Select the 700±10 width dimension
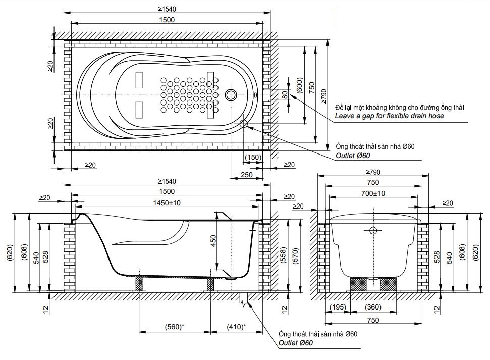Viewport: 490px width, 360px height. click(x=373, y=193)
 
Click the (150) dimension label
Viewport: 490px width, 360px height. click(x=253, y=158)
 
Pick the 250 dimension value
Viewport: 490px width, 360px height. click(x=247, y=175)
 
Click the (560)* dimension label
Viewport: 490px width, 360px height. click(x=174, y=327)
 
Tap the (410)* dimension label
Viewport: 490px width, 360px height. click(x=236, y=327)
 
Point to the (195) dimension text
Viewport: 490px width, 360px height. click(x=337, y=307)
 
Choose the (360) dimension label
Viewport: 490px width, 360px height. click(x=373, y=307)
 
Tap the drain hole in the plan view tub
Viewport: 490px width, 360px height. click(x=232, y=94)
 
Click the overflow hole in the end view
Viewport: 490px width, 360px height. click(x=373, y=231)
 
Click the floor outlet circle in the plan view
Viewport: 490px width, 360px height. click(x=244, y=123)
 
